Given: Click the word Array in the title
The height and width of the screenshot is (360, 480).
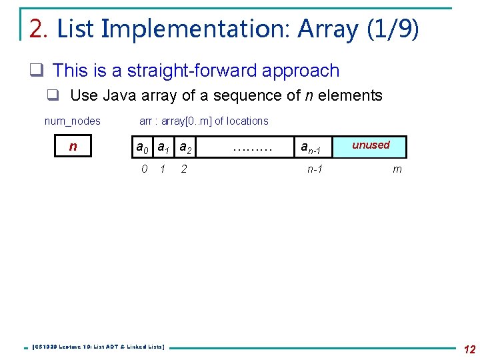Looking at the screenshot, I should coord(329,29).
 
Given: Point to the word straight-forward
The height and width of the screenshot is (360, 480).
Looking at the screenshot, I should coord(196,71).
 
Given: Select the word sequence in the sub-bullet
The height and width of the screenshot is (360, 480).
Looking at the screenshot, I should coord(260,95).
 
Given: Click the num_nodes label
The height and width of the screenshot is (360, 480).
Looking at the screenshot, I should coord(72,121).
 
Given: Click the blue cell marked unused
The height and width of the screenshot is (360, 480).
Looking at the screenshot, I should coord(371,146).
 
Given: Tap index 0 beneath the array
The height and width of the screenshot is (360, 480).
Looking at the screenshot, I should coord(145,169).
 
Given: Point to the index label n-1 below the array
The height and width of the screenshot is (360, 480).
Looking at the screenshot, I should coord(315,169).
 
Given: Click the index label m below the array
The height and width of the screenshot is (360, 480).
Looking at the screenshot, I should coord(397,169).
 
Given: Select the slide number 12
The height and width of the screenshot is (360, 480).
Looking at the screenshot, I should coord(469,349).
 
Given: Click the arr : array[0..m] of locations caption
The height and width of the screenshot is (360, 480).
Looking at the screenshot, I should coord(203,121).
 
